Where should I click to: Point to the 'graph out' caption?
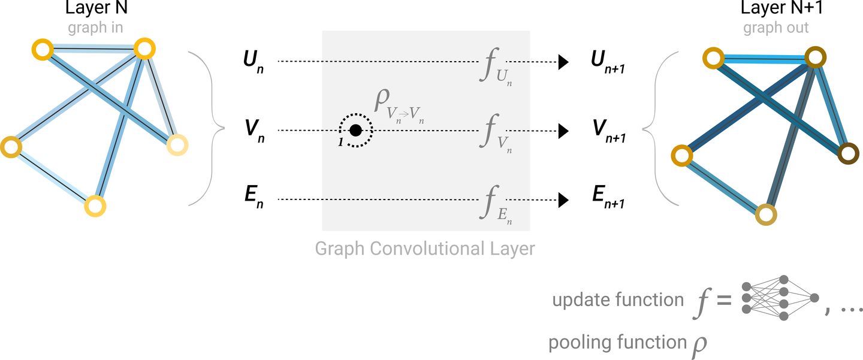pos(776,28)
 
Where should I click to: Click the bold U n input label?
pos(251,62)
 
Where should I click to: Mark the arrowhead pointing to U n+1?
pos(563,61)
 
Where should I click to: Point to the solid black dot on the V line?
pos(355,130)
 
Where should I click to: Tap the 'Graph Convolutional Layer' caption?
pos(425,248)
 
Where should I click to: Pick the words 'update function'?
pos(618,300)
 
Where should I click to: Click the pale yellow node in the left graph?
pos(177,145)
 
